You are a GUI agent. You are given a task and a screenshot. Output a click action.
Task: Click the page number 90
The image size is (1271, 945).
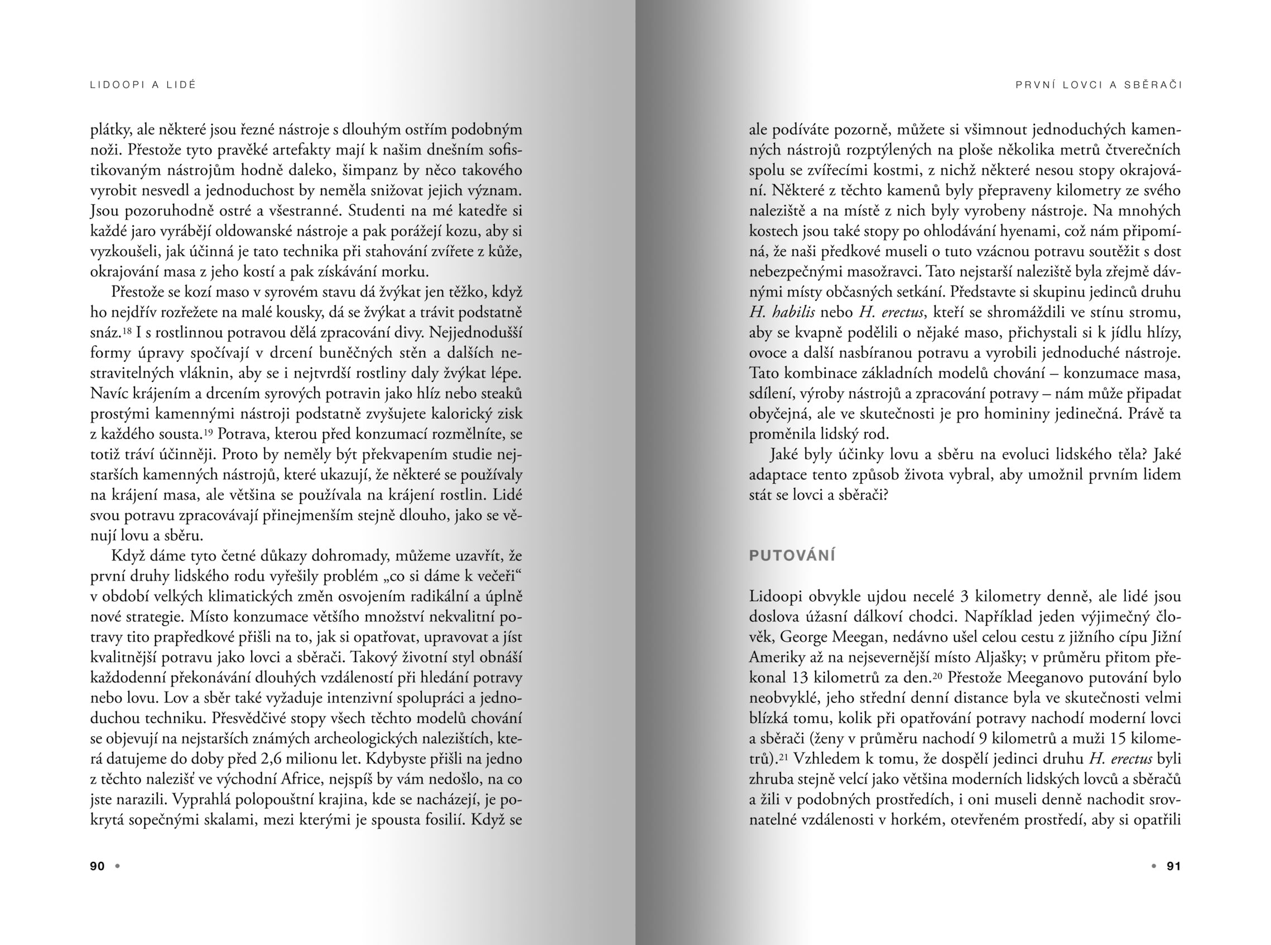(x=97, y=866)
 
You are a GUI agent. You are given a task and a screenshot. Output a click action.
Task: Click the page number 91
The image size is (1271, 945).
(x=1173, y=866)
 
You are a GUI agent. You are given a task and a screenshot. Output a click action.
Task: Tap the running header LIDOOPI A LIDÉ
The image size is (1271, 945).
(x=143, y=85)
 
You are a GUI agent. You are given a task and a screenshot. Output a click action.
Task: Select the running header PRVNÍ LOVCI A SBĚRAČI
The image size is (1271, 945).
(x=1099, y=85)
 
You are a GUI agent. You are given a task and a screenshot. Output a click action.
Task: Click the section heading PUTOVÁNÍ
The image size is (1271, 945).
(x=792, y=555)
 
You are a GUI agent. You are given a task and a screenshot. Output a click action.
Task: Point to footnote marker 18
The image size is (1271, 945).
(x=128, y=330)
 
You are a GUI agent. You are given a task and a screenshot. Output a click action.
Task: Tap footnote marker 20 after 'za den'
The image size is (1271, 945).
(x=937, y=675)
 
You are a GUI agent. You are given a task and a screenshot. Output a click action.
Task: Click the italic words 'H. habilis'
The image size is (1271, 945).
(x=782, y=313)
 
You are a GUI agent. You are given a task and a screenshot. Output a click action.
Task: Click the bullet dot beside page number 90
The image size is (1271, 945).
(x=117, y=866)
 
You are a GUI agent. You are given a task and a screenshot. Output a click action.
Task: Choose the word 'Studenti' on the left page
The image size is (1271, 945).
(x=375, y=211)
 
